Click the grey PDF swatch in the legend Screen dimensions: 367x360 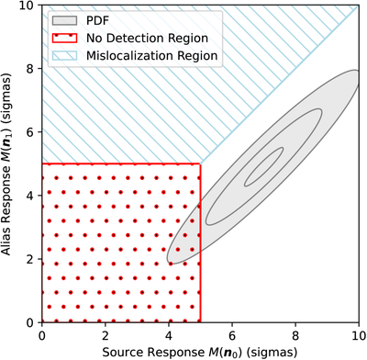tap(64, 20)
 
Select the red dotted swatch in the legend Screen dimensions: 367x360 tap(64, 39)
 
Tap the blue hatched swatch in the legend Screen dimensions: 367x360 tap(64, 56)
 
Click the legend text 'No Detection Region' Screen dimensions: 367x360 tap(147, 39)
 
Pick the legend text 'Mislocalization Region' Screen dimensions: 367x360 tap(152, 56)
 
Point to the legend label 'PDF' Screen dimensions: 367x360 tap(98, 20)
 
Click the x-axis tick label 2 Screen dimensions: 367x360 tap(106, 335)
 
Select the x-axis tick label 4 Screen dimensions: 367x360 tap(169, 335)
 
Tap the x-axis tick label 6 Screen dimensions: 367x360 tap(232, 335)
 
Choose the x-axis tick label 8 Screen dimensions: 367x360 tap(295, 335)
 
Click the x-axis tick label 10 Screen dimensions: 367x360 tap(358, 335)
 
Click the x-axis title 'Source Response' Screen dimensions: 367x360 tap(153, 352)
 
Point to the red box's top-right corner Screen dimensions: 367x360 tap(200, 163)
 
